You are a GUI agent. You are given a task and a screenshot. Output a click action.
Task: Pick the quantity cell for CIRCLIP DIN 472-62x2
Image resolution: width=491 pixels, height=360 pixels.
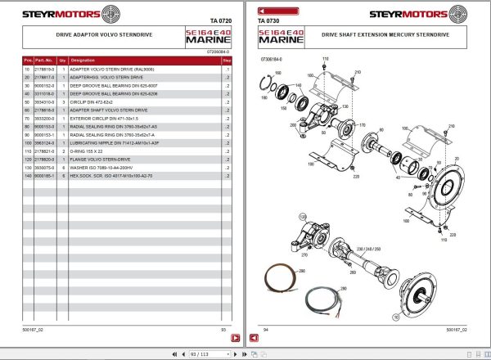(x=64, y=101)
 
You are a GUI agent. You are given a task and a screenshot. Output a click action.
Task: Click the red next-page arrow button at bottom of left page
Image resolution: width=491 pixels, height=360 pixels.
(x=234, y=337)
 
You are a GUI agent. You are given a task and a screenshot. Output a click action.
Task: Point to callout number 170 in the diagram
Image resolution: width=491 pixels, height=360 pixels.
(x=362, y=125)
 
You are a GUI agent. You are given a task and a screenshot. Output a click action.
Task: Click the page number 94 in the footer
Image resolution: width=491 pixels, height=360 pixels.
(x=265, y=330)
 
